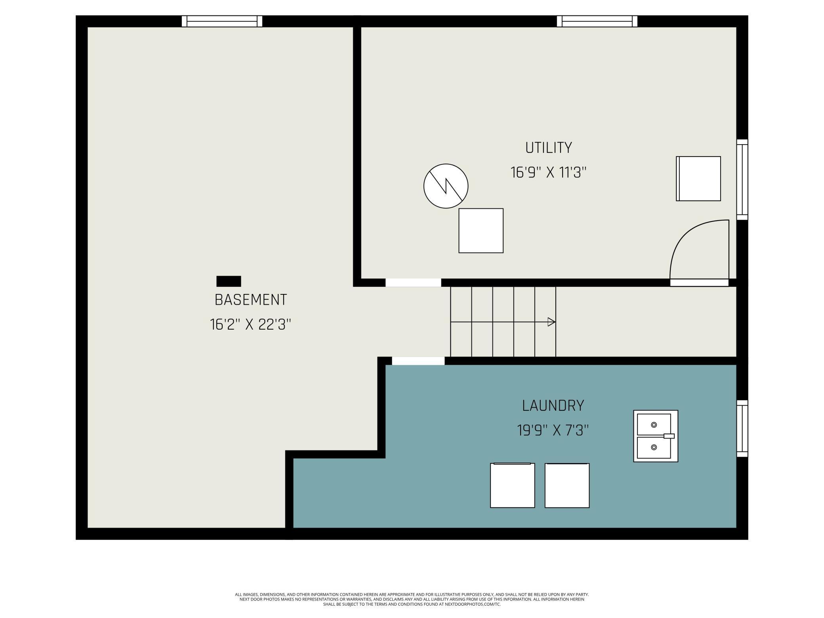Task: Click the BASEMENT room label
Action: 250,300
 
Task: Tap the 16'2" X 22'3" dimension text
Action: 250,324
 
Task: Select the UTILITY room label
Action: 548,148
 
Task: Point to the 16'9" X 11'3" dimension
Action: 548,173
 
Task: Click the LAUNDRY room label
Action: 553,406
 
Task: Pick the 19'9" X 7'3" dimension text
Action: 553,430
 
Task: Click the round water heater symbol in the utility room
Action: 446,186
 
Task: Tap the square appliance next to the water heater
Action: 481,231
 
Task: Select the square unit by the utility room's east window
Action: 698,179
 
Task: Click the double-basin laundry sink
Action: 655,436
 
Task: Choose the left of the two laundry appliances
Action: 512,485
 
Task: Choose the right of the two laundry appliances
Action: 567,485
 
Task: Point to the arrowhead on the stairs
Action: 551,322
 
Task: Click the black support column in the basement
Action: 229,281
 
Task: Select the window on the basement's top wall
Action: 222,21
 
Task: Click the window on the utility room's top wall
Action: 597,21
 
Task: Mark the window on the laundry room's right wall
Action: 742,428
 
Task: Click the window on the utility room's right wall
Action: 742,179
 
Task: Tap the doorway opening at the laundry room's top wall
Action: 418,360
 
